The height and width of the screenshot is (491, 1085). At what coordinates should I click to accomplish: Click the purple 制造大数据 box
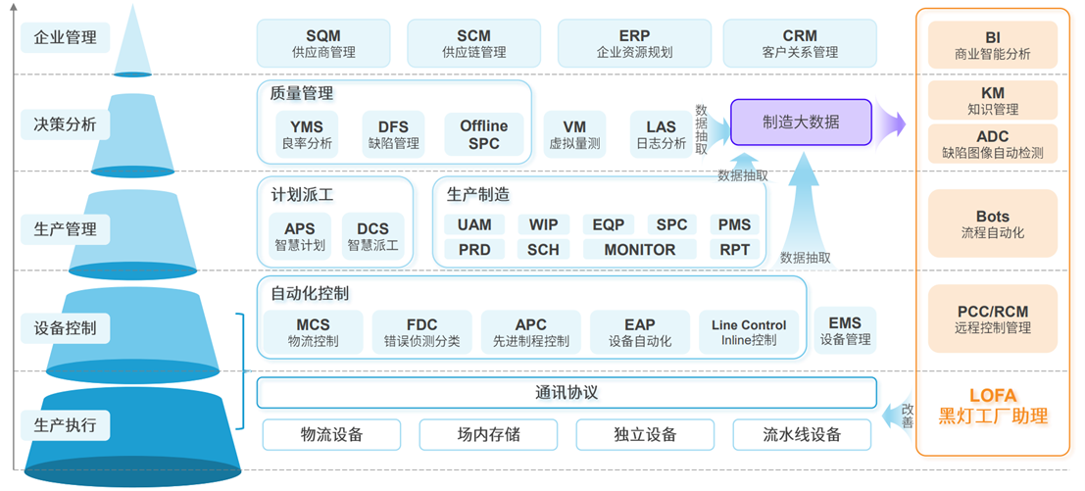801,123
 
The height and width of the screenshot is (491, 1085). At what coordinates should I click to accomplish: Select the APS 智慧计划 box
299,237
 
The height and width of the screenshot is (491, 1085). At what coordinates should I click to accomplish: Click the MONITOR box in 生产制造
639,250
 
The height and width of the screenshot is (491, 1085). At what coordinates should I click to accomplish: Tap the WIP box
543,224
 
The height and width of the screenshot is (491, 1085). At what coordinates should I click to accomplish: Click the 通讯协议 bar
566,393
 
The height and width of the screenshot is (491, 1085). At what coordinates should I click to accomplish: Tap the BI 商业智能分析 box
993,44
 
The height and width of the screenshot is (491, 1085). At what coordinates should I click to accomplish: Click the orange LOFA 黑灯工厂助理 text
993,405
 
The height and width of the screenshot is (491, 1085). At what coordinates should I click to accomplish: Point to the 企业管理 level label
66,38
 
